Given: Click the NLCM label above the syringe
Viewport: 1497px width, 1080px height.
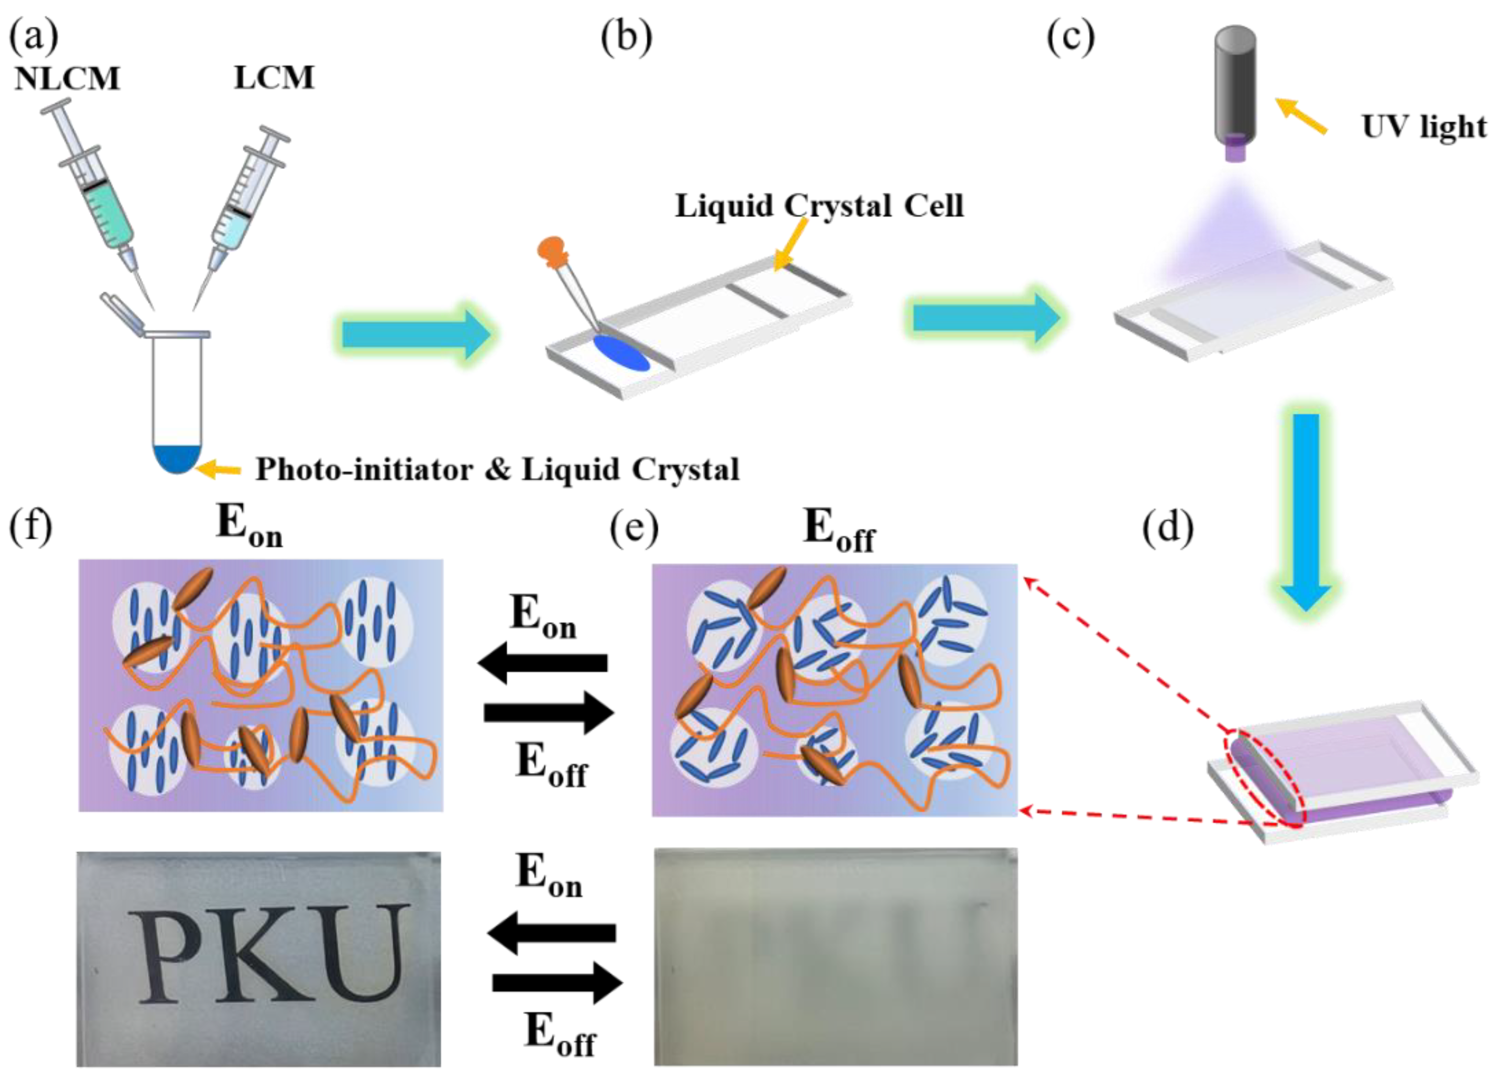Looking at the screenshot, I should [67, 79].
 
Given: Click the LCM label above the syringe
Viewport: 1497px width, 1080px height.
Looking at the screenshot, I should [274, 78].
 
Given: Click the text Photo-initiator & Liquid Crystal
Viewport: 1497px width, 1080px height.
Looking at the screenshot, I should [497, 470].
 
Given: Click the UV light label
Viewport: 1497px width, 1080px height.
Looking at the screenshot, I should [1423, 127].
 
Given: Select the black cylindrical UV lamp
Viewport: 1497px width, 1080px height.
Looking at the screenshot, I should [1235, 86].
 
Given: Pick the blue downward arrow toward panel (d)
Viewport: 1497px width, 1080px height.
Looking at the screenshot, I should [1305, 508].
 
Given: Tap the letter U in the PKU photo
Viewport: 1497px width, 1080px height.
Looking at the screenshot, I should [367, 953].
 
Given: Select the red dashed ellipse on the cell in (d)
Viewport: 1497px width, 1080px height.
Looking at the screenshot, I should [1264, 779].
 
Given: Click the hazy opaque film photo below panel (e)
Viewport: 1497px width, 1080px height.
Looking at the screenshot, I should [835, 957].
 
